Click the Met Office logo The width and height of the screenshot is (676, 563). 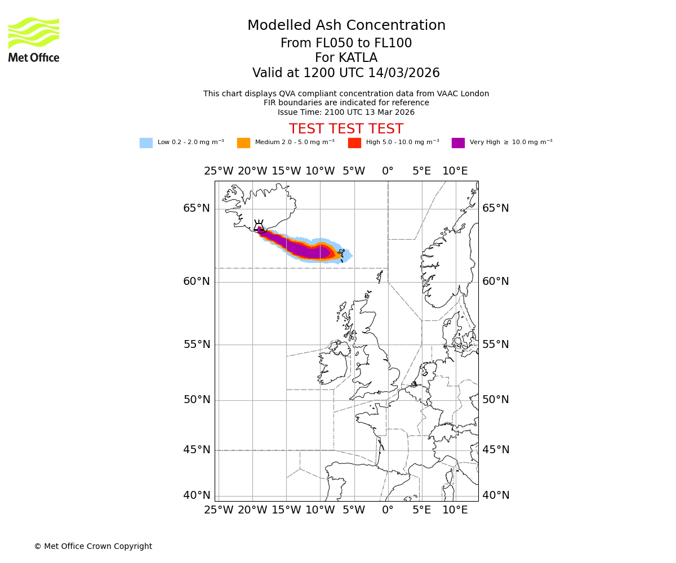[x=34, y=40]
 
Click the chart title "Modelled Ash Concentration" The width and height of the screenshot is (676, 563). [x=346, y=25]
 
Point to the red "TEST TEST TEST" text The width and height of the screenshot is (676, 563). [x=346, y=129]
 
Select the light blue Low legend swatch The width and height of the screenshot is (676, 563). [x=146, y=143]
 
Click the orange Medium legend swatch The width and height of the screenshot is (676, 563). [x=243, y=143]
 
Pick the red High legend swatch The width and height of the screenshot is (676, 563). [x=354, y=143]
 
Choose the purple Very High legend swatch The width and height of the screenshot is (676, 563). [x=458, y=143]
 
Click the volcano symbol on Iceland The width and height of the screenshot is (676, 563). [x=259, y=226]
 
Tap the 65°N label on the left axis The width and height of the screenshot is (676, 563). [x=196, y=208]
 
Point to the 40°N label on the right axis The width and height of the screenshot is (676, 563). [x=495, y=495]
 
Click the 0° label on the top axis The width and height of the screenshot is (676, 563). [x=388, y=171]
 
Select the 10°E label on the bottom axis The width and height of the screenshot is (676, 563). [x=455, y=510]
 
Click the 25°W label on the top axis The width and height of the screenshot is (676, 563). [x=219, y=171]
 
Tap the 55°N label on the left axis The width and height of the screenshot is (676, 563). [x=196, y=345]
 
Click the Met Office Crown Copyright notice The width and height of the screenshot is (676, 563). [x=93, y=546]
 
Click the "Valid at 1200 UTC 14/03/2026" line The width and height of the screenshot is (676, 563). [x=346, y=73]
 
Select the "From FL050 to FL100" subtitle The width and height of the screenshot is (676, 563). [x=346, y=43]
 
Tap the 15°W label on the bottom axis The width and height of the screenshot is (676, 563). [x=286, y=510]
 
